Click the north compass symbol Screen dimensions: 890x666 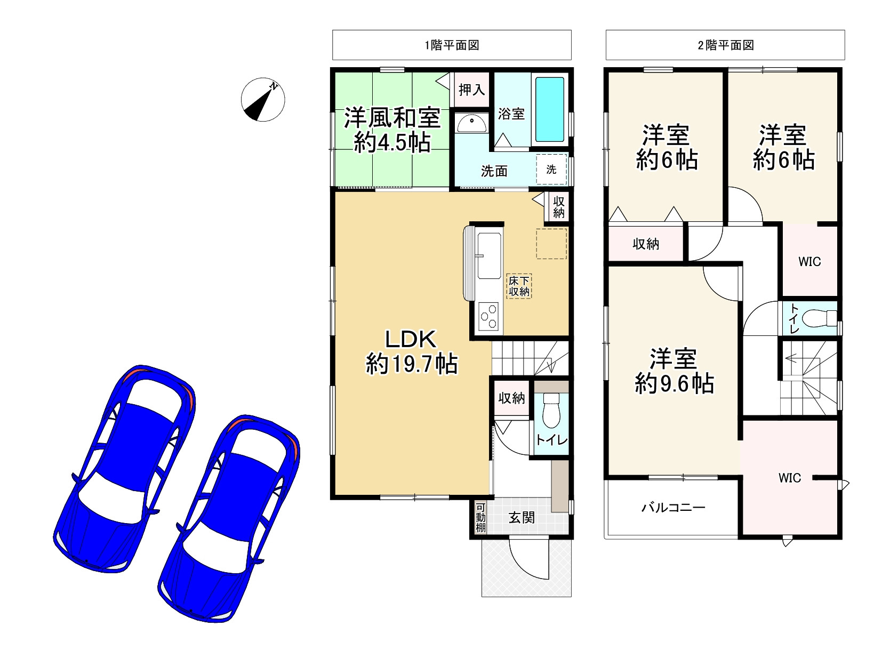(263, 100)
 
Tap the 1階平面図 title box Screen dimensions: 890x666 (452, 45)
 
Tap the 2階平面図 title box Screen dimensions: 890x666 (725, 45)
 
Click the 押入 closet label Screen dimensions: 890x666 (471, 90)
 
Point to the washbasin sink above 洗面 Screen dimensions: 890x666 (471, 123)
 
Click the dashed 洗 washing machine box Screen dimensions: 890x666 (551, 169)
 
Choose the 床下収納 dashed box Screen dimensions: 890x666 (519, 286)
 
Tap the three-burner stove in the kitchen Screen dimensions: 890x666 (488, 316)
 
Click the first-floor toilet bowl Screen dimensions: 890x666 (551, 411)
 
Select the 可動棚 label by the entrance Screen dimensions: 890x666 (480, 517)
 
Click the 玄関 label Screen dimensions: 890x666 (522, 517)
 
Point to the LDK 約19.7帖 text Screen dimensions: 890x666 (412, 351)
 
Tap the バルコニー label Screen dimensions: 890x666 (673, 508)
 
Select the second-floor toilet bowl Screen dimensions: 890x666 (818, 318)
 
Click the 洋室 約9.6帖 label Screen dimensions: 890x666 (674, 371)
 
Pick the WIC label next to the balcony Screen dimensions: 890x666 (789, 478)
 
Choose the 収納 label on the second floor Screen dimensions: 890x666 (646, 244)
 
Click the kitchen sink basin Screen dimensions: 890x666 (490, 256)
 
